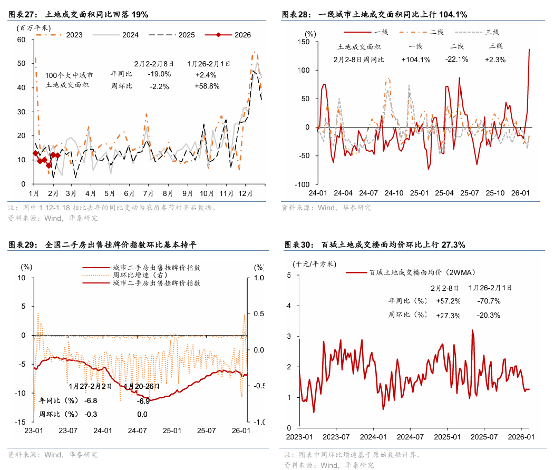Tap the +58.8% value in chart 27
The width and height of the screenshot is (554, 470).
point(207,86)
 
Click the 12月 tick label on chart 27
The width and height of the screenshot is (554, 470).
point(246,193)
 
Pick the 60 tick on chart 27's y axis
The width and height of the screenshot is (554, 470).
point(22,40)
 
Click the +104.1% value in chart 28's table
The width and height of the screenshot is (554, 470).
point(416,60)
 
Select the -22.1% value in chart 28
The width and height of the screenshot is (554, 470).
point(456,60)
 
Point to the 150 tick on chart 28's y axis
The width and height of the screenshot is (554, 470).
point(305,42)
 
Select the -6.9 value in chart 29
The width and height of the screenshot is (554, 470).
point(143,401)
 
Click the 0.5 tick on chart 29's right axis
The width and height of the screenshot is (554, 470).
point(259,314)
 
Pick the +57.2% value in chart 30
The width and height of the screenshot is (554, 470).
point(448,301)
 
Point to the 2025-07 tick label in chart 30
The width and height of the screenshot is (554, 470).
point(484,436)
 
